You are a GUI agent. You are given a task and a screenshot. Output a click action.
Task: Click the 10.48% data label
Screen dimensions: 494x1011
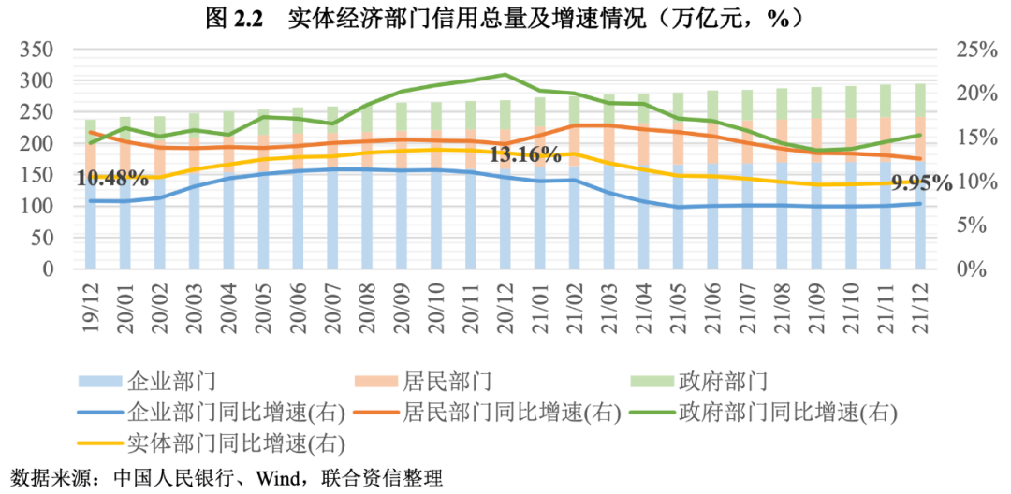pyautogui.click(x=112, y=177)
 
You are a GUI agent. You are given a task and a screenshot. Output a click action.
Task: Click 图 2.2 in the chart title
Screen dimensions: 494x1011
pyautogui.click(x=232, y=18)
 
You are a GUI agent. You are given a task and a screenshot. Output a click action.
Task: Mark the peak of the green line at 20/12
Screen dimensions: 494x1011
pyautogui.click(x=505, y=74)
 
